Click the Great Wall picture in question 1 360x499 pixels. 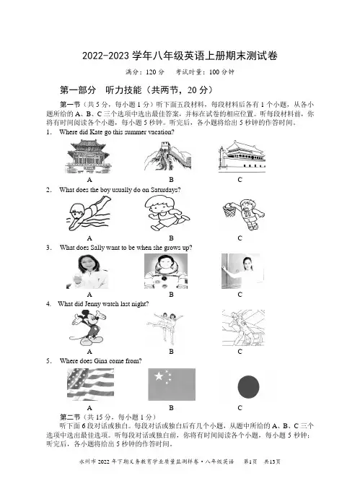167,156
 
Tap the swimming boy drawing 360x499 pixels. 89,213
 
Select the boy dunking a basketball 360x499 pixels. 244,214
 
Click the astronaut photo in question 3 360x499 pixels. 166,271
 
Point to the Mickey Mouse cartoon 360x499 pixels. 88,328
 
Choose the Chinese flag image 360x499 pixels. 172,384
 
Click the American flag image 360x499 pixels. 90,384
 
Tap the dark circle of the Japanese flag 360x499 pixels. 248,386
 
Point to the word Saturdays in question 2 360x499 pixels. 165,190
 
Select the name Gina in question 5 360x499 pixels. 101,361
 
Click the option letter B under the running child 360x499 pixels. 171,238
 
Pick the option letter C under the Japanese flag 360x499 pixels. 240,408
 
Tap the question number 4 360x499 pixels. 48,304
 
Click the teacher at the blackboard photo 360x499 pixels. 242,271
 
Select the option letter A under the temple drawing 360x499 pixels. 89,180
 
